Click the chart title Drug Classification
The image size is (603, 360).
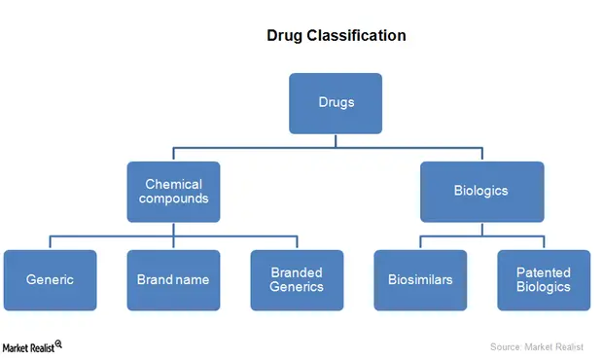pos(336,36)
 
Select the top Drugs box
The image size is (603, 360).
pos(336,103)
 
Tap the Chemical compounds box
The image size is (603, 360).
pos(173,192)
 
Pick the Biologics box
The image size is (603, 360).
pos(480,192)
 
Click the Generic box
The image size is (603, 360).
pos(51,280)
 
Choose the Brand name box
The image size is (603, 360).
pos(173,280)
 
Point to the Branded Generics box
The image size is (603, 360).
pos(297,280)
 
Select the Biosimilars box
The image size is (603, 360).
pos(420,280)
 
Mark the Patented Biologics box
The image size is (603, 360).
pos(543,280)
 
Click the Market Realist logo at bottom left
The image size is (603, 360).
pos(32,346)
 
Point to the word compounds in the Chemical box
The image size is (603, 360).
pos(173,199)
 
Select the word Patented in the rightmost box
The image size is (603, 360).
pos(544,272)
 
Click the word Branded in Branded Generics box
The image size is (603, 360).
pos(297,272)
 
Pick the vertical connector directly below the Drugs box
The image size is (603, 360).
pos(336,141)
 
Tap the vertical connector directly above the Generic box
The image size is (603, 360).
pos(51,242)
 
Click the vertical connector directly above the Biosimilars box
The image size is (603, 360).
pos(420,242)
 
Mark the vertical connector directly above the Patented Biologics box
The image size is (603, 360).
pos(543,242)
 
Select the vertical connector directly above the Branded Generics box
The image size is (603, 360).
pos(297,242)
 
